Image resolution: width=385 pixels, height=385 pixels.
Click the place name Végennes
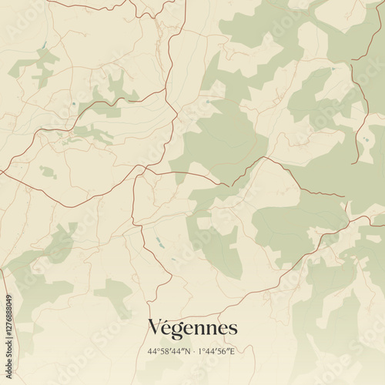[x=192, y=328]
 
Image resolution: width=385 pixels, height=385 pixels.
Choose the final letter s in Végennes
[x=233, y=330]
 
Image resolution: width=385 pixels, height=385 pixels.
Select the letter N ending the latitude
[x=186, y=352]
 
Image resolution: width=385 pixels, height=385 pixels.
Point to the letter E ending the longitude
[x=232, y=352]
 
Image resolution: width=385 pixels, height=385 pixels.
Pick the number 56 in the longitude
[x=224, y=352]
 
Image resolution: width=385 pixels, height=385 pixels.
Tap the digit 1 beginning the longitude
[x=199, y=352]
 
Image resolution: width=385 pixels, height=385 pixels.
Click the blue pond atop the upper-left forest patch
[x=45, y=45]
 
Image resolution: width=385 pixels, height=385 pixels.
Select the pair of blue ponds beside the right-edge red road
[x=363, y=137]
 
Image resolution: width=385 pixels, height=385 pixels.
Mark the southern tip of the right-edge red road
[x=353, y=163]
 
